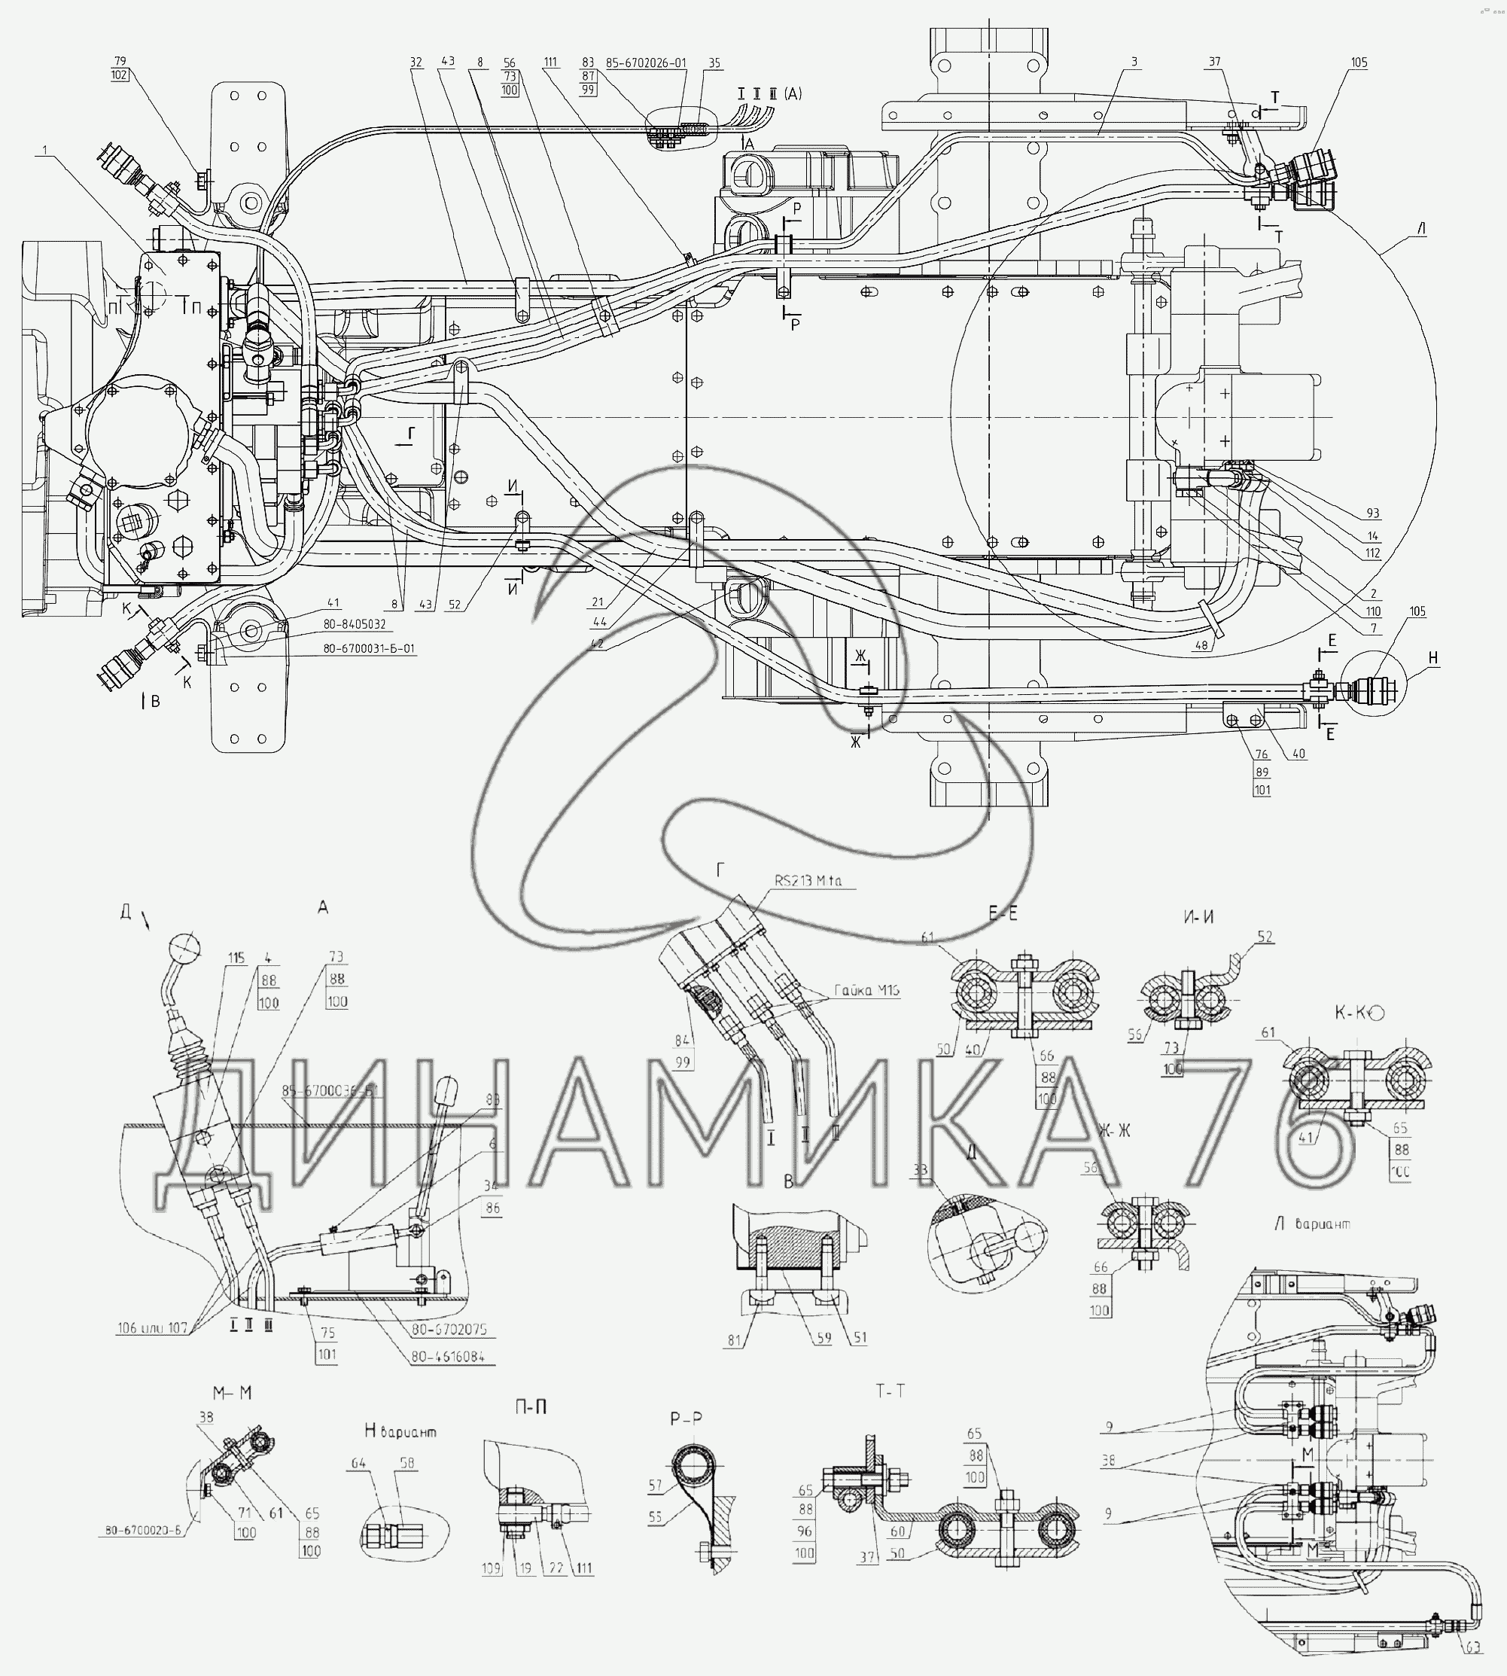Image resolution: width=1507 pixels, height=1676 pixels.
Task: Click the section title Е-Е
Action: click(1003, 913)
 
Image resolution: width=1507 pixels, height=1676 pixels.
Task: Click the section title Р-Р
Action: click(687, 1418)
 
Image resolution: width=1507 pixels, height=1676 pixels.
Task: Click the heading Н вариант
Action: click(400, 1431)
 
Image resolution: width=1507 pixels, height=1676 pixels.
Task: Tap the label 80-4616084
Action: click(448, 1358)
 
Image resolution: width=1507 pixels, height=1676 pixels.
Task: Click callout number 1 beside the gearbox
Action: click(44, 150)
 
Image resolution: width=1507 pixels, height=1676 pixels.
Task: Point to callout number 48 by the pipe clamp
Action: click(1201, 645)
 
